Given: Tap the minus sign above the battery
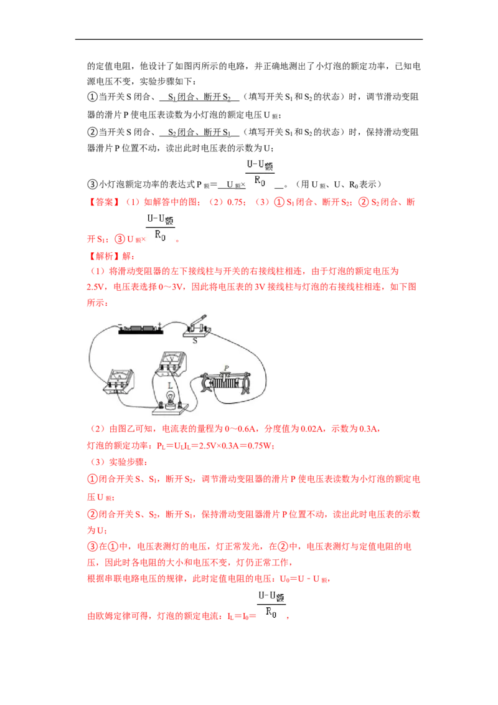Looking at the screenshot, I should [120, 324].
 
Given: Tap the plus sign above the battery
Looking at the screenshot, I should [161, 323].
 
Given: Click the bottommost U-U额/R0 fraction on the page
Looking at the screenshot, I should [271, 605].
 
